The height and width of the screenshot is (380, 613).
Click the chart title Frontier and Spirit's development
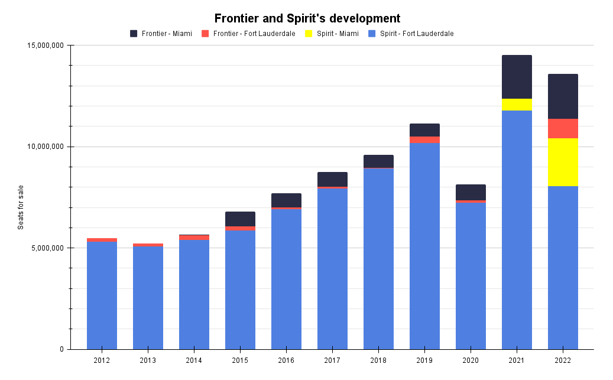tap(307, 18)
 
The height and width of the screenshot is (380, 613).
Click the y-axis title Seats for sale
tap(21, 207)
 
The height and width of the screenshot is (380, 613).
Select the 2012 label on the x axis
tap(102, 360)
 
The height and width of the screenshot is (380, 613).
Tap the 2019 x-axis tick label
tap(424, 360)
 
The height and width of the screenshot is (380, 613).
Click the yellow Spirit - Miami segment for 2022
tap(563, 162)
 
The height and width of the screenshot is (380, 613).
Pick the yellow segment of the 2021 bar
tap(517, 105)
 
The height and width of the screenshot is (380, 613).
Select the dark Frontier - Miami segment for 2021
tap(517, 77)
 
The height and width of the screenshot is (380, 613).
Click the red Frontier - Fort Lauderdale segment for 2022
tap(563, 128)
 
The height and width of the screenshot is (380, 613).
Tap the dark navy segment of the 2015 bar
tap(240, 219)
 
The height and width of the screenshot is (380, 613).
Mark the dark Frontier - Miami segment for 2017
tap(332, 179)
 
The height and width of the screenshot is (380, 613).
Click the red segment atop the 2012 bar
tap(102, 240)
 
